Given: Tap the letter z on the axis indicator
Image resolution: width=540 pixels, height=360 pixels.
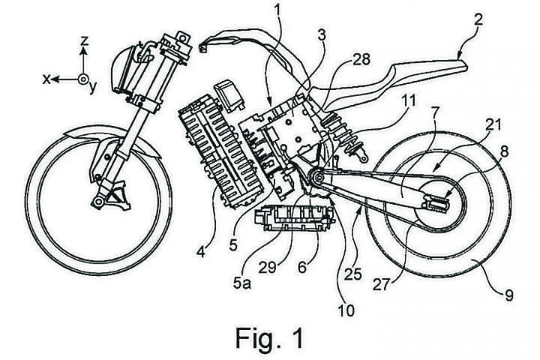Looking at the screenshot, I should (x=85, y=42).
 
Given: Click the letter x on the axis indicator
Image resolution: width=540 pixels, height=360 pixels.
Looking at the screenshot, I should (x=47, y=79).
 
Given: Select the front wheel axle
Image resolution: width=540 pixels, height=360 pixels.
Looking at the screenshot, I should (x=98, y=200).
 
